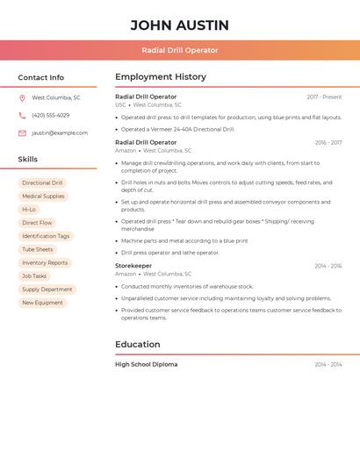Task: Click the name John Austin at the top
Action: click(x=179, y=25)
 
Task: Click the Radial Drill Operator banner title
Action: click(x=179, y=50)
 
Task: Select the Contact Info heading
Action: click(x=41, y=77)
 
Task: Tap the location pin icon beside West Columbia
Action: click(x=22, y=98)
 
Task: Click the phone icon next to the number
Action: click(x=22, y=116)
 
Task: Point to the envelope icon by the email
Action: click(x=22, y=133)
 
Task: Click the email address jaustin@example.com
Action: click(x=60, y=133)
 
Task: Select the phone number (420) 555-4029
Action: click(x=50, y=116)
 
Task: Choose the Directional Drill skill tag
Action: click(x=42, y=183)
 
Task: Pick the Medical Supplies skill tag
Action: click(x=43, y=197)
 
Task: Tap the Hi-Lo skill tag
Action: click(x=29, y=210)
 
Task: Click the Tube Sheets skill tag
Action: click(x=38, y=249)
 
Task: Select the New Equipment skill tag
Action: click(x=42, y=303)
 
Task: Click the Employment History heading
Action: click(x=161, y=77)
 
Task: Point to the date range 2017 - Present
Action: click(x=324, y=97)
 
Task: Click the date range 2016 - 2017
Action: click(x=328, y=142)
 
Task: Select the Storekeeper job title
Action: click(x=133, y=266)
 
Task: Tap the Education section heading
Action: click(x=138, y=345)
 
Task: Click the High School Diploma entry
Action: click(x=147, y=364)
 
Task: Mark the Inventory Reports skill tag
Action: click(x=45, y=262)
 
